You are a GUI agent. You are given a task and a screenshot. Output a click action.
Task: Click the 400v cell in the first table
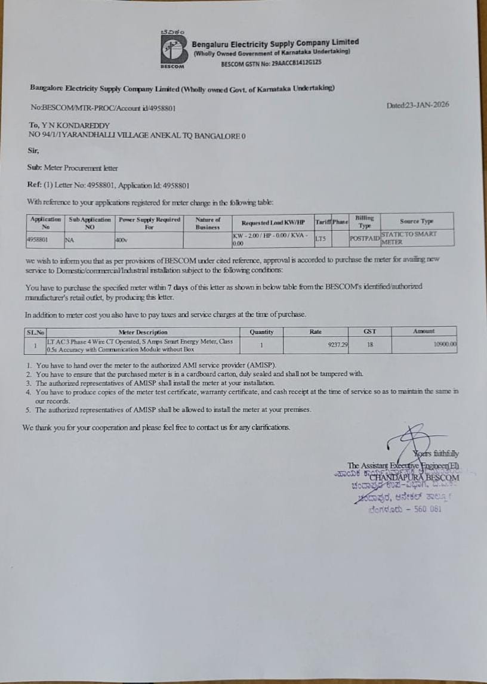point(121,240)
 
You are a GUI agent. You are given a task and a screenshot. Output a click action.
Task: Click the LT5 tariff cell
point(320,239)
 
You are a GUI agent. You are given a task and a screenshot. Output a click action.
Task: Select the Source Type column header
point(417,221)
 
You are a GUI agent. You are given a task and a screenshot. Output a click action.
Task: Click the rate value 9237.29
point(338,344)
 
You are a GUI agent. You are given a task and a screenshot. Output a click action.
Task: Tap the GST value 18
point(369,344)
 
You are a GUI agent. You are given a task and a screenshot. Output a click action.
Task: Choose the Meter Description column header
point(143,332)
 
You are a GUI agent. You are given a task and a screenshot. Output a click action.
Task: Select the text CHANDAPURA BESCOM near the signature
point(414,476)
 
